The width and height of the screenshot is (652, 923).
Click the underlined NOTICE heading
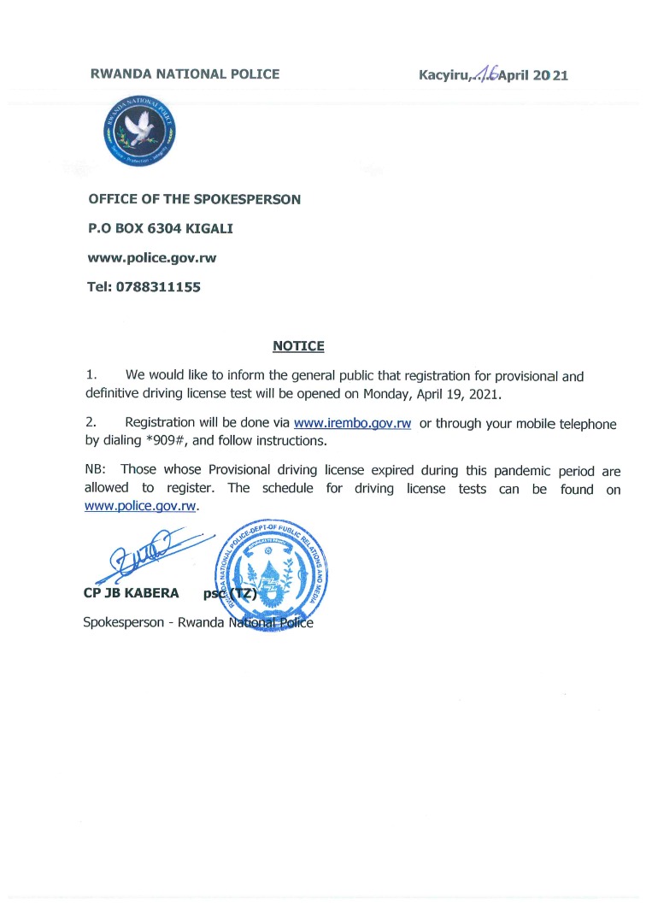298,346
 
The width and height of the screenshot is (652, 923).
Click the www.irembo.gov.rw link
352,424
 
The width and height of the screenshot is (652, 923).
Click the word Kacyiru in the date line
442,75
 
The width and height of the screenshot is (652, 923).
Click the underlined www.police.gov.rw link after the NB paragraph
141,506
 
